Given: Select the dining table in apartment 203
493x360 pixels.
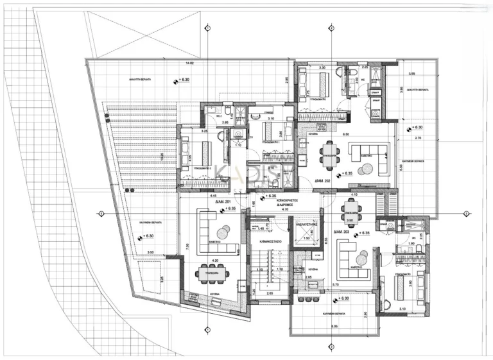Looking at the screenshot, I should click(350, 207).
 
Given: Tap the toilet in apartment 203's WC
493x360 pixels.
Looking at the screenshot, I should click(388, 225).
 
